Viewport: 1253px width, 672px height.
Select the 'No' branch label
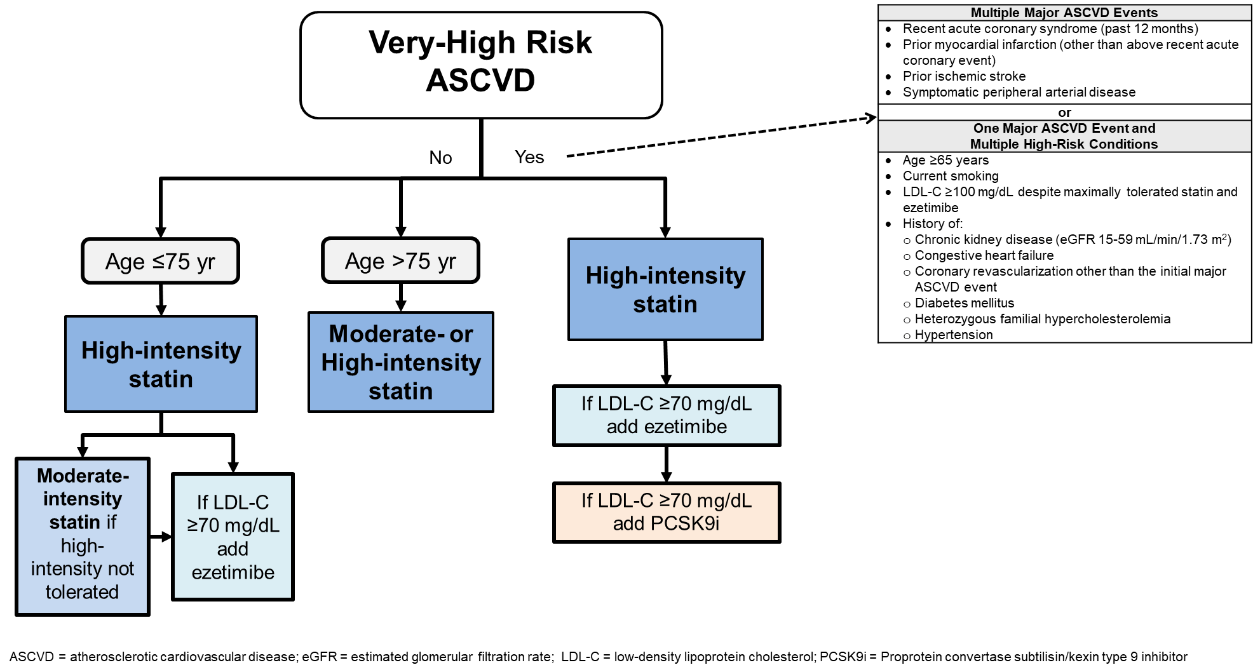point(440,158)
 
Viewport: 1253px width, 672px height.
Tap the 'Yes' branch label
point(529,157)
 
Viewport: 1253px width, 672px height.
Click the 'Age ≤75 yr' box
point(160,261)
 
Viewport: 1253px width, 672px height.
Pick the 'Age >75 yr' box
point(400,260)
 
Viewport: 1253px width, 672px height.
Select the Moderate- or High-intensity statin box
point(400,362)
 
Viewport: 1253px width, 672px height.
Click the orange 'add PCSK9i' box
point(666,512)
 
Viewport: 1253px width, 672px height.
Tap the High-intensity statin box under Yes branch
point(665,290)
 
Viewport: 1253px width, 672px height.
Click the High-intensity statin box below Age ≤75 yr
point(161,364)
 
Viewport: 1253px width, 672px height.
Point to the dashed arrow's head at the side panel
point(871,118)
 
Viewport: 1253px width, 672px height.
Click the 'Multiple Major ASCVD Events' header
point(1064,13)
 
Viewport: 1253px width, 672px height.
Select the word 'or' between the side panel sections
point(1064,112)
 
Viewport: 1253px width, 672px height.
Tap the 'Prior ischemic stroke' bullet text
point(964,76)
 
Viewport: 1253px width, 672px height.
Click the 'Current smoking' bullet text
point(951,176)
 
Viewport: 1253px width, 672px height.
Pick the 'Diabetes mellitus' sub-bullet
point(964,303)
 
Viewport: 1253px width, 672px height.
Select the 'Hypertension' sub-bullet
point(953,335)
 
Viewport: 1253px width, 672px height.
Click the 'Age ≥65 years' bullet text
point(945,160)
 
